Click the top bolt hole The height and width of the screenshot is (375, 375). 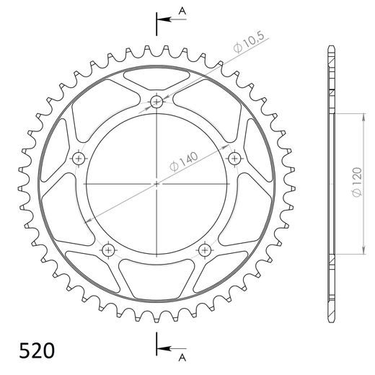pos(157,101)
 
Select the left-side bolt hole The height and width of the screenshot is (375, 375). pos(78,158)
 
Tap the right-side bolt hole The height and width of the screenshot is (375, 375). pos(234,157)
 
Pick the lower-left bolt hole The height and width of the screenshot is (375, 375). pos(108,250)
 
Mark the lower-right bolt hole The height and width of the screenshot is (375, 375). pos(205,250)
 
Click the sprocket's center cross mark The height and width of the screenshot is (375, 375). pos(156,184)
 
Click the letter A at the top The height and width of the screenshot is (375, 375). pos(182,10)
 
